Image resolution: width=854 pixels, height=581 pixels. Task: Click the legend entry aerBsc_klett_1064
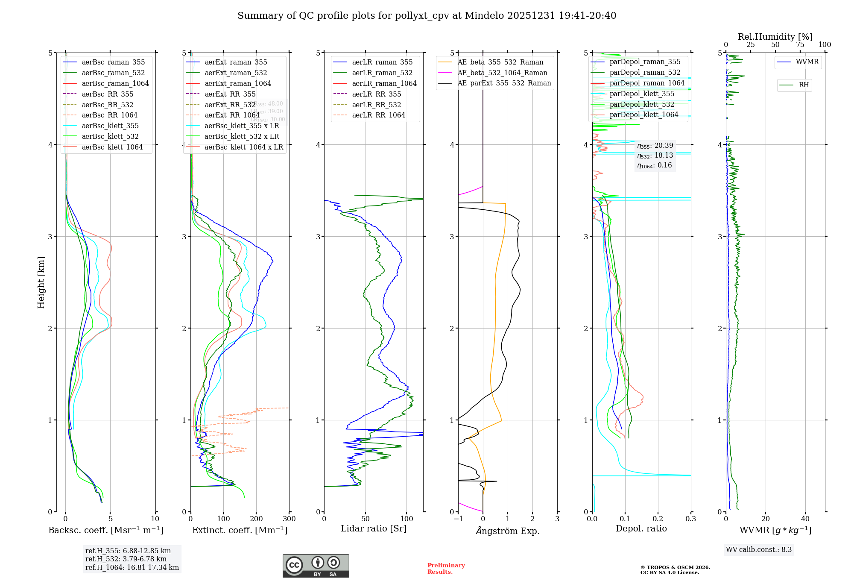point(112,147)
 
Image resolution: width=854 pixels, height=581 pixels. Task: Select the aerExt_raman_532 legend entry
point(236,73)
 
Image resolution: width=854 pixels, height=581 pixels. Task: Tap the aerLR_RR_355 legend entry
point(376,94)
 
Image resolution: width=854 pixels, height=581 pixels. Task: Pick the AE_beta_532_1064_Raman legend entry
point(502,73)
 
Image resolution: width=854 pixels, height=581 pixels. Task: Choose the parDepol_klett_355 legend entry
point(642,94)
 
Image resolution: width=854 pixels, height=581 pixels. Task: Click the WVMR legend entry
point(807,62)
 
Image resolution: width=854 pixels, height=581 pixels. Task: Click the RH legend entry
point(804,85)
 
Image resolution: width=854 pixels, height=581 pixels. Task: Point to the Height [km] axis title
point(41,282)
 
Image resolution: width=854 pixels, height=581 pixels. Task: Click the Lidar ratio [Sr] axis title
point(374,528)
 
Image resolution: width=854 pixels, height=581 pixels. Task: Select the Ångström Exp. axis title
point(508,531)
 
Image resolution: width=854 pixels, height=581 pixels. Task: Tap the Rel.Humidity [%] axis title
point(775,37)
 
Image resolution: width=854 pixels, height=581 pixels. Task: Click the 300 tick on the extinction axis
point(289,519)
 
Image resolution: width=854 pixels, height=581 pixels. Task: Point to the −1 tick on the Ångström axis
point(458,519)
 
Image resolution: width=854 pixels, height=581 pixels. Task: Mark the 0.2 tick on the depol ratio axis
point(658,519)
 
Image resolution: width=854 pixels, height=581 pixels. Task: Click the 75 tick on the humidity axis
point(800,45)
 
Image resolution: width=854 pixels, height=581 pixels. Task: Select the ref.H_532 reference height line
point(126,559)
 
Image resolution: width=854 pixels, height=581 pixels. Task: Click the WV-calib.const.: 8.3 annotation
point(759,549)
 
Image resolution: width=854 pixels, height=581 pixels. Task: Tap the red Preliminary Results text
point(446,568)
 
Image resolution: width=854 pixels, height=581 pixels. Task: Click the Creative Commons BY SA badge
point(316,566)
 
